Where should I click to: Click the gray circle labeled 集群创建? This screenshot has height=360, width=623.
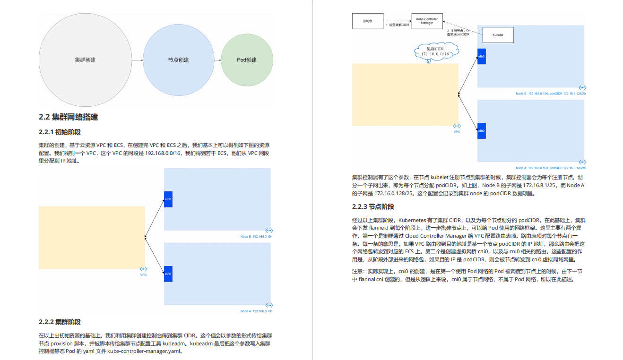85,60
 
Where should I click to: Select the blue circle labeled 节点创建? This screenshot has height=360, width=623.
178,60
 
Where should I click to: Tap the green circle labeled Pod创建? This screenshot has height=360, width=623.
247,60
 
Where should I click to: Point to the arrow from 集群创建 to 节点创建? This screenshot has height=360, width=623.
137,60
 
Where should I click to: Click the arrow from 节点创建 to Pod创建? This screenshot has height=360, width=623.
217,60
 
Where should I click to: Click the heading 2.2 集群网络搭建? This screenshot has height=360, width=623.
68,117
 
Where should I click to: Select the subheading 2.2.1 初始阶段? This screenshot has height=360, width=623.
63,132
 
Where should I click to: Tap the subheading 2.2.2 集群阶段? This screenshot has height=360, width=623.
60,322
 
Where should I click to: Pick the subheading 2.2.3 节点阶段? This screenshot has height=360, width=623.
373,206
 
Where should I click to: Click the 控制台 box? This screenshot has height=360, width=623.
367,21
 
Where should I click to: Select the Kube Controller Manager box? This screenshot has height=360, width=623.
427,21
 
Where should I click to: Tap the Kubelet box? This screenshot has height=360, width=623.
498,35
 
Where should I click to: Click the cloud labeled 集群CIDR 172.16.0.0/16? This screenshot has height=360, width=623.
435,51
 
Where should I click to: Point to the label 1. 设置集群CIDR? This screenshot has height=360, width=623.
398,25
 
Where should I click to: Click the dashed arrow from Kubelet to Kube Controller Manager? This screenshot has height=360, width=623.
461,27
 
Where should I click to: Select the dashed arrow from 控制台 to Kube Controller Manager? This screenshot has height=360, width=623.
397,21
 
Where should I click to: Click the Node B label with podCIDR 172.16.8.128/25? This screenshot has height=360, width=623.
551,94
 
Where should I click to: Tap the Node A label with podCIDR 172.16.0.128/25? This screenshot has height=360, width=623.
551,168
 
